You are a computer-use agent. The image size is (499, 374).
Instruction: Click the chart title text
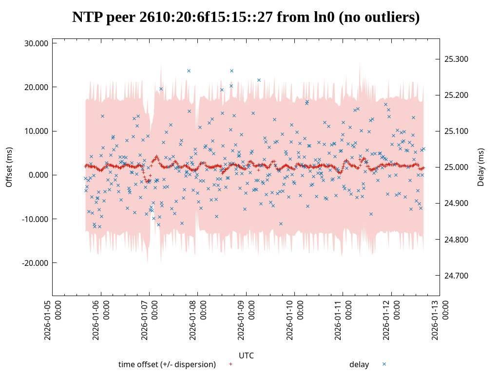(x=246, y=17)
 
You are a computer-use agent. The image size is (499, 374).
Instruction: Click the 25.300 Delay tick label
(x=456, y=59)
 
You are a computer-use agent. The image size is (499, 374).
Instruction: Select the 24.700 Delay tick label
(x=456, y=276)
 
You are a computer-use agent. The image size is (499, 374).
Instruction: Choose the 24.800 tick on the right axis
(x=456, y=240)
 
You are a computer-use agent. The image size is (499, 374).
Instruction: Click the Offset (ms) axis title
(x=9, y=167)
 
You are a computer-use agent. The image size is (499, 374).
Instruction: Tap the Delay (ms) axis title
(x=481, y=167)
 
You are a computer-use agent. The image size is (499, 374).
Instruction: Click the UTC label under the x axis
(x=246, y=355)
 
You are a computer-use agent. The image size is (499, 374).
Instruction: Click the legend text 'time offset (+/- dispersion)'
(x=167, y=364)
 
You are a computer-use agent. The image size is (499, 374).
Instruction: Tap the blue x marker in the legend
(x=384, y=364)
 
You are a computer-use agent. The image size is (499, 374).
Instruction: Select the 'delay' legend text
(x=359, y=364)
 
